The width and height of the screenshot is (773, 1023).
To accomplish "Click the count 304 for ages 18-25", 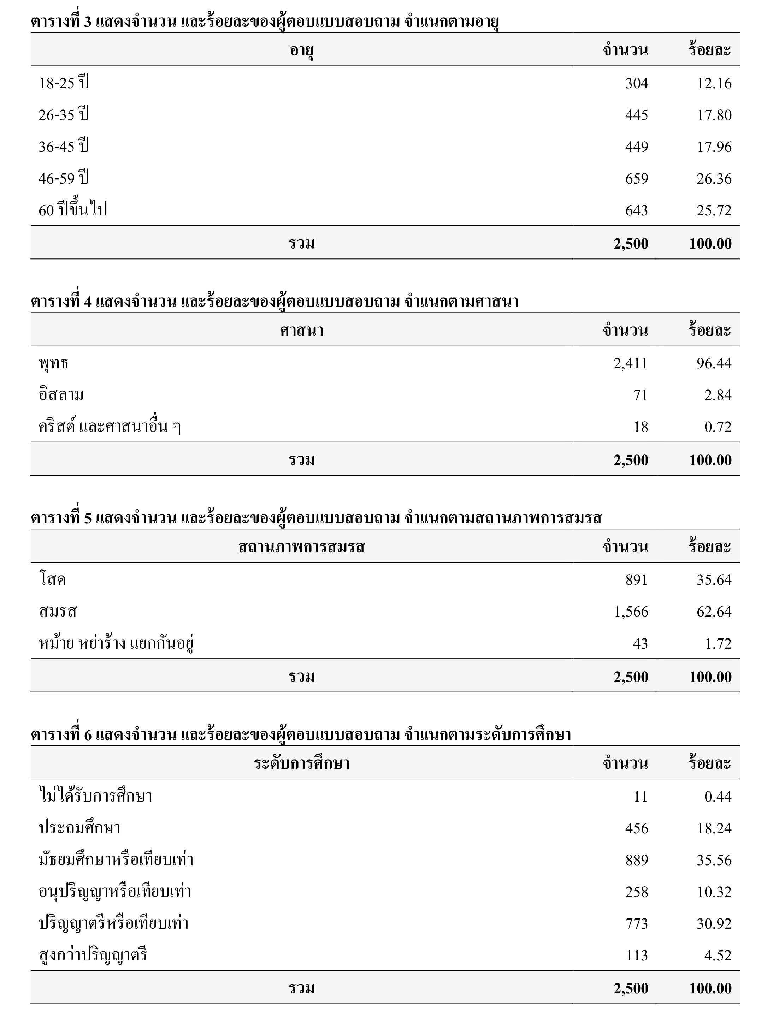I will [637, 83].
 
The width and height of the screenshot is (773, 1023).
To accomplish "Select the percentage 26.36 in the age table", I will [714, 179].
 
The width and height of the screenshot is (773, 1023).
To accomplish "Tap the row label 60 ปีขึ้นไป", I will [73, 210].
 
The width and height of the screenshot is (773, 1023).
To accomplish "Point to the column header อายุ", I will [302, 50].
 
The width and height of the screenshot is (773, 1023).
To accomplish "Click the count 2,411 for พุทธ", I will [631, 363].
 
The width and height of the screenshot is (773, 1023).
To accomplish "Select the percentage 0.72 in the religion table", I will [718, 427].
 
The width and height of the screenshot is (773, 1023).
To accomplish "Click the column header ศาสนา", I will [302, 331].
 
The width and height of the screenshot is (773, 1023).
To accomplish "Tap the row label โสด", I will [52, 580].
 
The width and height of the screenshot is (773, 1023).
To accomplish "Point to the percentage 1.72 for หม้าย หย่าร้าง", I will [718, 644].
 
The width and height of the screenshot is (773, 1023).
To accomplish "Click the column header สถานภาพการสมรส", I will [302, 547].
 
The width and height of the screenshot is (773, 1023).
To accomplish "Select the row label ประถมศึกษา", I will [79, 828].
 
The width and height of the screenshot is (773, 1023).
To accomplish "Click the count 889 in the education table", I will [637, 860].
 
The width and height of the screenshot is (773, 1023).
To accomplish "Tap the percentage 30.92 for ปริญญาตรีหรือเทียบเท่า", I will [714, 923].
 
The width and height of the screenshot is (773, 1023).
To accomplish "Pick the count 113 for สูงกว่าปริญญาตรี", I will [637, 956].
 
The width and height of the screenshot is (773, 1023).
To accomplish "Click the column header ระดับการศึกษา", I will [302, 763].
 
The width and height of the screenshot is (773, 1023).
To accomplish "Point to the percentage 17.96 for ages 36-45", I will [714, 147].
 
